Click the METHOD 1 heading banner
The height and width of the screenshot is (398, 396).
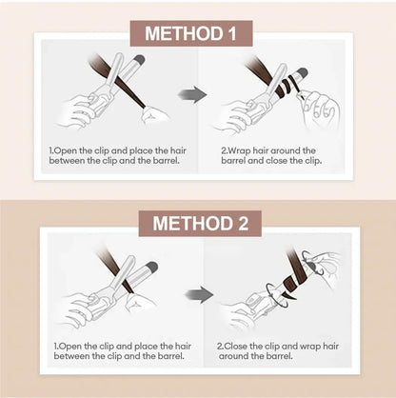198,34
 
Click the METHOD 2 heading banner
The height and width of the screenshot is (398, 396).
198,225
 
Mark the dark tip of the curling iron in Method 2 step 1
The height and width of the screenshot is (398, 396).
149,268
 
